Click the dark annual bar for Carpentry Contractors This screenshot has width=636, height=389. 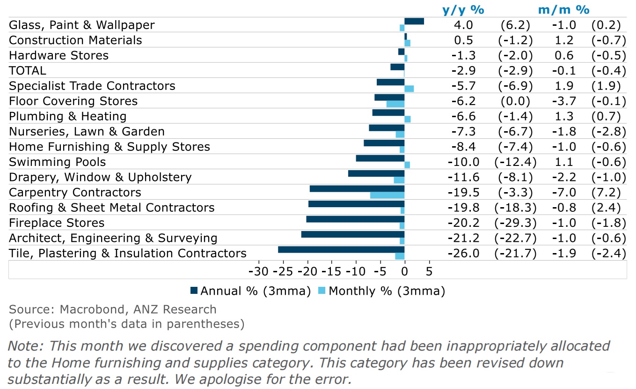tap(357, 189)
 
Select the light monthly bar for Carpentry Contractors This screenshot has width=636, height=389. tap(387, 195)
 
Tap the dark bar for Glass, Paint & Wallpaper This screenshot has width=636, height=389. tap(414, 21)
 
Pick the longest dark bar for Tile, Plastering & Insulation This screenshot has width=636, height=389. tap(341, 250)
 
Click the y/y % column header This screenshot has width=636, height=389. tap(463, 10)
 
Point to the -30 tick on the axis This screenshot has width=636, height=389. tap(258, 271)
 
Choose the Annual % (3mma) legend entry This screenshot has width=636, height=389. tap(250, 291)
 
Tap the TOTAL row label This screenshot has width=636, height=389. tap(28, 71)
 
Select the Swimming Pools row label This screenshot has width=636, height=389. tap(58, 162)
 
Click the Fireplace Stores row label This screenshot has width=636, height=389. tap(57, 223)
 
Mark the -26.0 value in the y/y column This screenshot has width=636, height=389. tap(463, 254)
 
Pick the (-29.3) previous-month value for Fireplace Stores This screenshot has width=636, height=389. tap(515, 223)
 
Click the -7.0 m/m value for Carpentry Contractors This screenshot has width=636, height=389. tap(563, 193)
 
